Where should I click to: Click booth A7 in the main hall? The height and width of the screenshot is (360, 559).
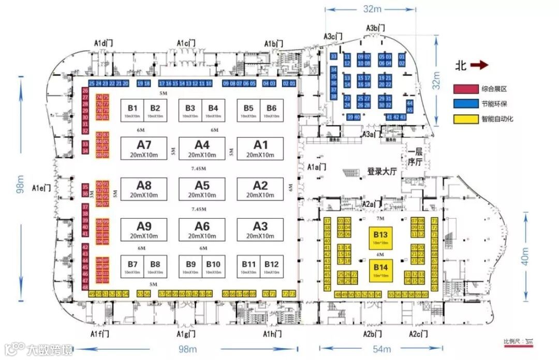click(144, 147)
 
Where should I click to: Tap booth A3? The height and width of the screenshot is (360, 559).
click(260, 229)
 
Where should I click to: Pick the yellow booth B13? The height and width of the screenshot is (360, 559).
click(380, 237)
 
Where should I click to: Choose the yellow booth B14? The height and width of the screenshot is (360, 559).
click(380, 270)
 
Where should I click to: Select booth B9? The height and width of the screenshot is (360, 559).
click(190, 267)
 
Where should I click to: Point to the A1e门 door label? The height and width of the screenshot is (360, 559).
click(41, 188)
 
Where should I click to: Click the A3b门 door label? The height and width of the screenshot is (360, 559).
click(375, 28)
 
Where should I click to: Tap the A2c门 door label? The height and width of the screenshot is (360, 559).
click(418, 334)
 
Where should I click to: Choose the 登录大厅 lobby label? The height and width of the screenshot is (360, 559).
click(381, 172)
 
